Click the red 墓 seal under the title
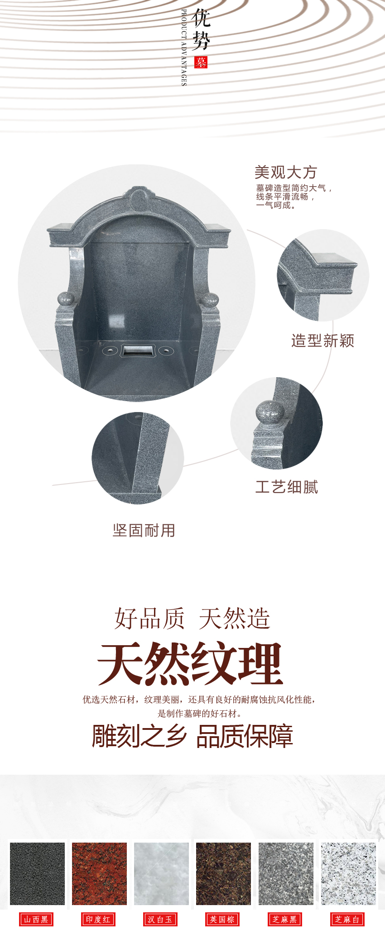tap(201, 62)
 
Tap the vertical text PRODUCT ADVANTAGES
tap(184, 48)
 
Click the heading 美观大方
tap(285, 173)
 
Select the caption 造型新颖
tap(322, 340)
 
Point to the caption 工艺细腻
tap(287, 487)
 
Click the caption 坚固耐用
tap(144, 530)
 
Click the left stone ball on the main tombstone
tap(66, 300)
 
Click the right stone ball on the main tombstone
tap(210, 300)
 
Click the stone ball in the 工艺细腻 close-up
tap(270, 411)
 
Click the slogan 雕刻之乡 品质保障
tap(192, 736)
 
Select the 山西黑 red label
tap(36, 919)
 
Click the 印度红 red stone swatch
tap(99, 873)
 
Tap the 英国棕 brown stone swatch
tap(223, 873)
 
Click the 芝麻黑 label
tap(284, 919)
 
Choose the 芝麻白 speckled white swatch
tap(348, 873)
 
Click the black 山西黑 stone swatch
tap(37, 873)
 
